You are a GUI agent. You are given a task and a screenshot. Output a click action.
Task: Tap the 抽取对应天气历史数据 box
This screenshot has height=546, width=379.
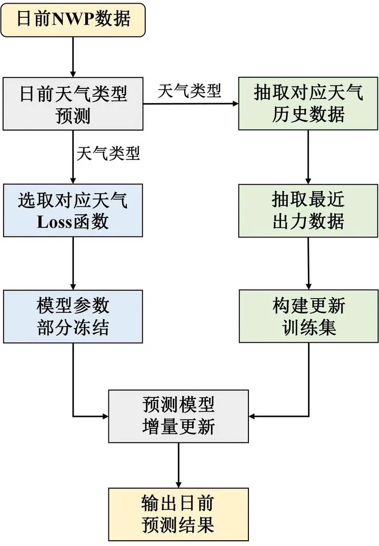308,104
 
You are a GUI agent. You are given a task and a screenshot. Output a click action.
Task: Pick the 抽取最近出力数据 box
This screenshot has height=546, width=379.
308,210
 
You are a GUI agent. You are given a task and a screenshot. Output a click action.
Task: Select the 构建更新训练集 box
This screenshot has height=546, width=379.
308,316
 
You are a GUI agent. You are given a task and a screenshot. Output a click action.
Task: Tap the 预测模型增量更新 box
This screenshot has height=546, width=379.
178,416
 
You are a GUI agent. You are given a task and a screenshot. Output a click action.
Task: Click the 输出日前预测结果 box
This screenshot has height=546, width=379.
178,514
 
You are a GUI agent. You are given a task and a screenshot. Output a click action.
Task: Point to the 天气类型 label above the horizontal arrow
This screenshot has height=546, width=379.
189,91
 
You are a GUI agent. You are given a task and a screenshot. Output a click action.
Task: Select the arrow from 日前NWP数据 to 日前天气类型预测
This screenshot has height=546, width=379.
73,57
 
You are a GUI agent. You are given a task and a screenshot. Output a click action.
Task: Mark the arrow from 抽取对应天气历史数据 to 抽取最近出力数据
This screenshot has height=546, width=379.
308,157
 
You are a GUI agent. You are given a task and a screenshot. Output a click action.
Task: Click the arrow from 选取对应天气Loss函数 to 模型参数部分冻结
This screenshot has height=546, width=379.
73,263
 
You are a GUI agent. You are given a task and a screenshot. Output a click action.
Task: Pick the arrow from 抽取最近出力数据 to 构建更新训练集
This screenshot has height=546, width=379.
308,263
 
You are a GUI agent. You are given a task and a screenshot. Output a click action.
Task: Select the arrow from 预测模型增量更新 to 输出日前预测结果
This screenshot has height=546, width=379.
178,465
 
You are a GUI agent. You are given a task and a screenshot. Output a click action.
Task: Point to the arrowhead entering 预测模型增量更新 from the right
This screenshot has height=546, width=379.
253,416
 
